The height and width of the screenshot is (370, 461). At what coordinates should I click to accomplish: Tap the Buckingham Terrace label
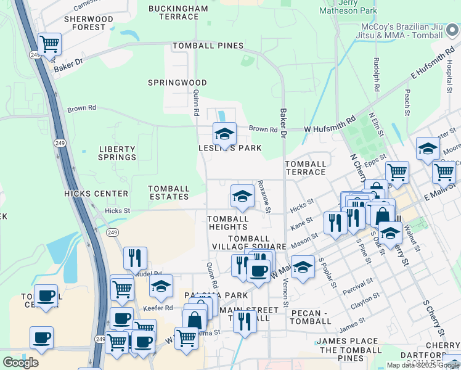click(179, 12)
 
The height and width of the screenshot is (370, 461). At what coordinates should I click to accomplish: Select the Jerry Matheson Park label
click(349, 6)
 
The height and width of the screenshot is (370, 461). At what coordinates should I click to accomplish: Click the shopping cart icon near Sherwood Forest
click(49, 44)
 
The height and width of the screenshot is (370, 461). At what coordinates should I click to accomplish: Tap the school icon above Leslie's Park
click(224, 134)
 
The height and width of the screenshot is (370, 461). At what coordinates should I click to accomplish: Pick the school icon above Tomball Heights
click(242, 196)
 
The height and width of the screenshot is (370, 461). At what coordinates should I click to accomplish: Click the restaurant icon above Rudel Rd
click(135, 258)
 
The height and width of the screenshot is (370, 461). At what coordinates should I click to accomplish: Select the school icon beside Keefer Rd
click(161, 286)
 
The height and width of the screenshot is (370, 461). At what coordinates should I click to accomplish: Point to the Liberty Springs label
click(117, 153)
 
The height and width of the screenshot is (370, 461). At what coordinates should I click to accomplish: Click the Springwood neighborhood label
click(169, 82)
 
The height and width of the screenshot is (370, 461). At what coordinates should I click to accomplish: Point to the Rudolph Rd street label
click(376, 74)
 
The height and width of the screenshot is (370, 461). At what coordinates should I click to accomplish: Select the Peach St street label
click(407, 97)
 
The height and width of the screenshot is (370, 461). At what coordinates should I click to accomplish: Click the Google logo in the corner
click(20, 362)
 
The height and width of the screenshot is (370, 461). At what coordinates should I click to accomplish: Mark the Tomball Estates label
click(169, 192)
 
